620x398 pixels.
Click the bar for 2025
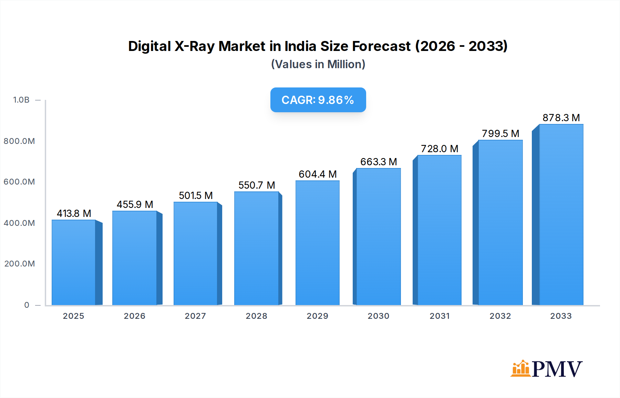click(x=74, y=262)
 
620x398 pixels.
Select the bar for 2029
click(x=317, y=243)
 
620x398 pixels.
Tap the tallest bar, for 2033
click(x=561, y=214)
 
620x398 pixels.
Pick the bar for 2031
click(x=439, y=230)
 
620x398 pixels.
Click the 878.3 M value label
click(x=561, y=118)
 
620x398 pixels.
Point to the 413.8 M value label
click(x=74, y=213)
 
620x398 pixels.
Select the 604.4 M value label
click(x=317, y=174)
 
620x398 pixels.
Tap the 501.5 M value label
click(x=196, y=196)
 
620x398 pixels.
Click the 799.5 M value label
click(x=500, y=134)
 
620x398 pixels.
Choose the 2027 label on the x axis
click(x=195, y=316)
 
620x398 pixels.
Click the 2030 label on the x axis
click(x=378, y=316)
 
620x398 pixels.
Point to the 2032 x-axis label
click(x=500, y=316)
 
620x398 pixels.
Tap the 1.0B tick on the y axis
click(x=21, y=100)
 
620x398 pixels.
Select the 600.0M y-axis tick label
click(x=19, y=182)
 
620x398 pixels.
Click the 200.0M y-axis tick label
click(x=20, y=264)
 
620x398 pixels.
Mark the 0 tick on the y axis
click(x=27, y=305)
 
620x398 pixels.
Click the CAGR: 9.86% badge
click(x=318, y=100)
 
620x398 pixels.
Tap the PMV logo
click(x=547, y=369)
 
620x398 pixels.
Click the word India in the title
click(x=301, y=46)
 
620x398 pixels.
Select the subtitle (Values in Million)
click(x=318, y=64)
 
